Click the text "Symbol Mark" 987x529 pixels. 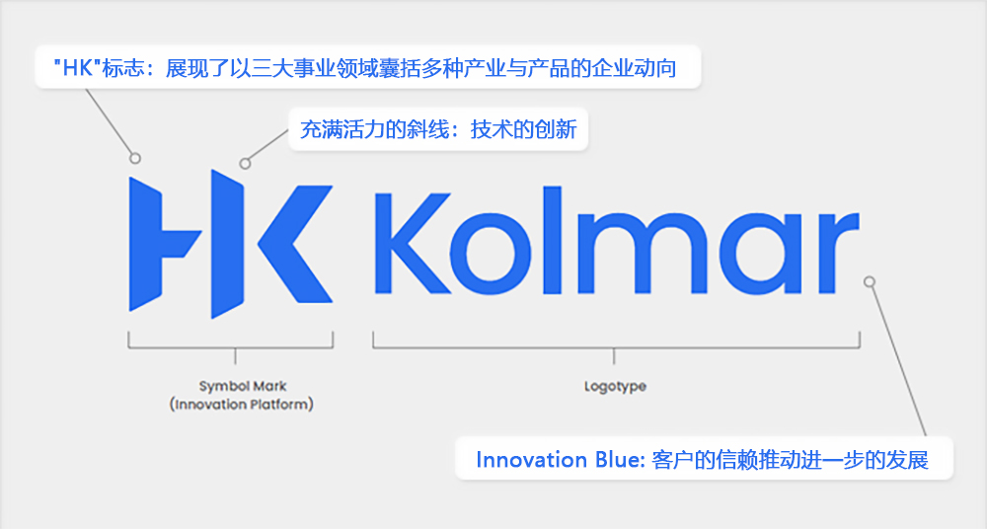click(x=242, y=386)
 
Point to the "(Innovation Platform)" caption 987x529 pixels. click(x=242, y=405)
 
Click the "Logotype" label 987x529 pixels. click(x=615, y=386)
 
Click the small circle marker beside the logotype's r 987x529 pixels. click(x=870, y=281)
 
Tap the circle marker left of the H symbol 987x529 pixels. click(x=135, y=158)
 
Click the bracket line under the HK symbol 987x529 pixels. click(x=231, y=347)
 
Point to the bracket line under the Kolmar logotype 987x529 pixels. click(x=615, y=347)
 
